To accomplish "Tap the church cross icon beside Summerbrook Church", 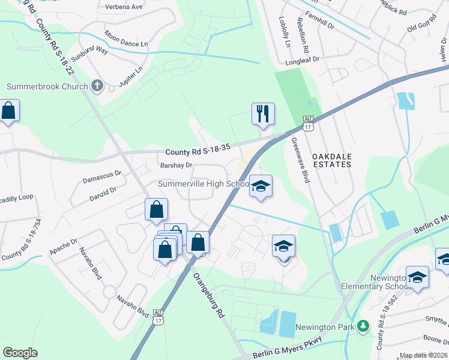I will pyautogui.click(x=98, y=86).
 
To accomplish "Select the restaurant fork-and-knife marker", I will pyautogui.click(x=262, y=113).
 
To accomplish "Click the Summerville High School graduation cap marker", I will pyautogui.click(x=261, y=186).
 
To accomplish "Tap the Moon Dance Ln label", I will pyautogui.click(x=125, y=40).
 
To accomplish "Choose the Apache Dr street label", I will pyautogui.click(x=64, y=247).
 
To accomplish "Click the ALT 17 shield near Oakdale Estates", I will pyautogui.click(x=309, y=124).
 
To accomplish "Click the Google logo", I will pyautogui.click(x=20, y=353).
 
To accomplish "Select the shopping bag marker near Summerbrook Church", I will pyautogui.click(x=8, y=112).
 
